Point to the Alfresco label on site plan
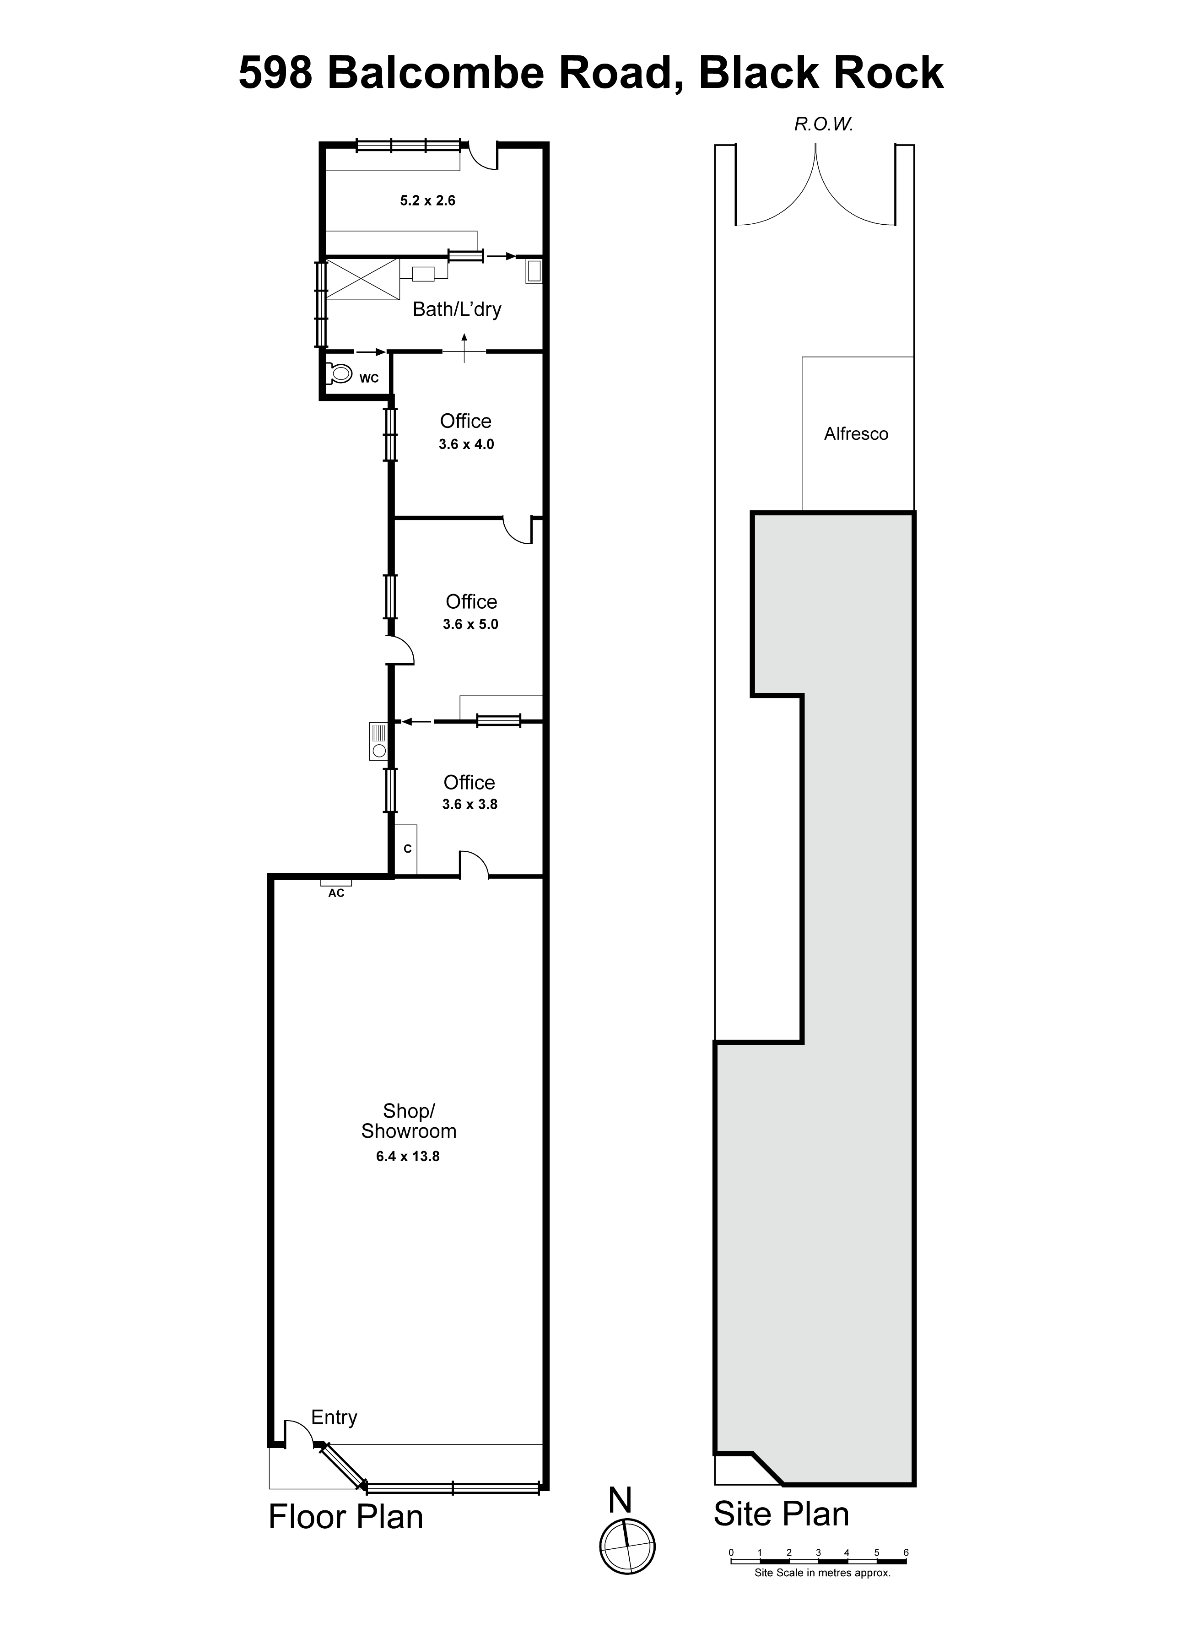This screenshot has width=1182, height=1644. pos(856,433)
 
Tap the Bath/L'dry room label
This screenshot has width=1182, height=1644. pos(457,309)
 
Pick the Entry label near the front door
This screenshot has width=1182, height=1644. pos(334,1417)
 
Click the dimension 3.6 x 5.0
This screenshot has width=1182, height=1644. pos(470,624)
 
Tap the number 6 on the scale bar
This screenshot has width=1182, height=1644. pos(906,1552)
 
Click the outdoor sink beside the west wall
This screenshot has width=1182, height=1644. pos(378,741)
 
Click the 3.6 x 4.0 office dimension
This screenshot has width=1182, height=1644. pos(466,444)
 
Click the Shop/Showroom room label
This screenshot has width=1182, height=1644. pos(409,1121)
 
